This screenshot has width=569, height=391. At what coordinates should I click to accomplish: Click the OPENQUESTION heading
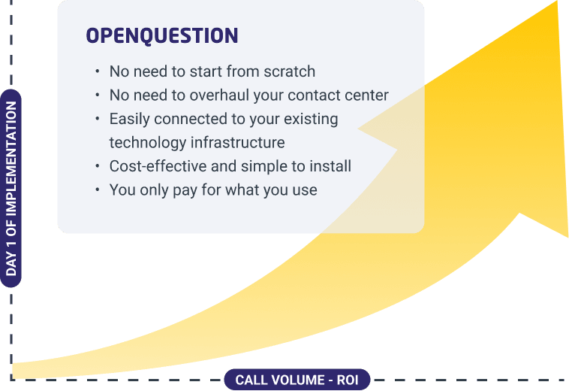(162, 35)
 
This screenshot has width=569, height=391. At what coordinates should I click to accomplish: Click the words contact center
(338, 95)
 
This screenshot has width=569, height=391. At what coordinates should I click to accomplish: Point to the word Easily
(129, 120)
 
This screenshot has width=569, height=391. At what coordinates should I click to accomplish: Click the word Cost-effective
(158, 166)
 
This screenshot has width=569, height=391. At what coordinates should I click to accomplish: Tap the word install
(333, 166)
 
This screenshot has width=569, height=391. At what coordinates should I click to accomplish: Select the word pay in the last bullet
(185, 191)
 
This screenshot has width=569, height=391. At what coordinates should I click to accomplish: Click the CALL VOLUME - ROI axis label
(297, 380)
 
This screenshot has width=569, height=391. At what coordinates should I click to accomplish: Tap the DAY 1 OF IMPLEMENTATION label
(11, 188)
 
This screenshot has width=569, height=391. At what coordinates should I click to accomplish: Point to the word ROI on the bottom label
(348, 380)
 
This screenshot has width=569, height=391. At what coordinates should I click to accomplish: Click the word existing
(311, 120)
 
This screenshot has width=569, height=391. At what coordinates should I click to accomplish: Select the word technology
(148, 143)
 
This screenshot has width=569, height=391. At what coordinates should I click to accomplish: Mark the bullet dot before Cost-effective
(98, 166)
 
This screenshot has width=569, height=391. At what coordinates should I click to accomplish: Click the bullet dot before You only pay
(98, 189)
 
